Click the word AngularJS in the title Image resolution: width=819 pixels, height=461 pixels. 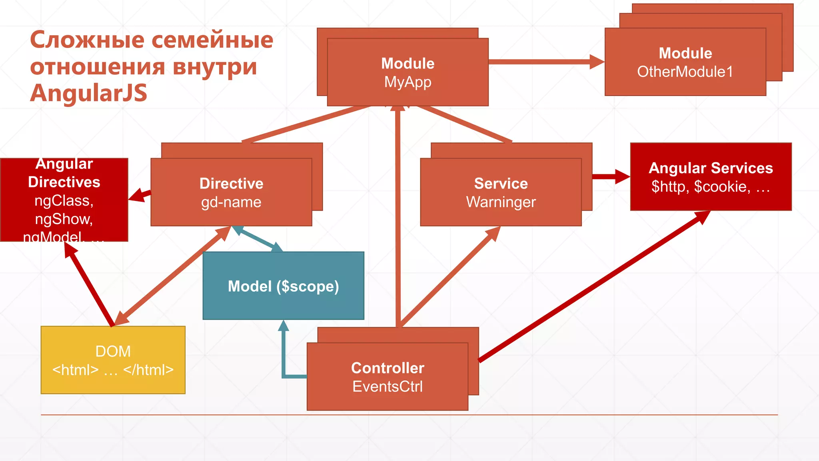pos(89,93)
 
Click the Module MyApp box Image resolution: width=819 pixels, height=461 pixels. pos(408,72)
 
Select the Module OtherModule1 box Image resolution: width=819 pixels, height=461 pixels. pos(685,62)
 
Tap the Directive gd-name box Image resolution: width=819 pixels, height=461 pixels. pos(231,192)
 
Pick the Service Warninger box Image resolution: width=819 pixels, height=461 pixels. pos(501,192)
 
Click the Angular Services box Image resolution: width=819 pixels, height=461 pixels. pos(711,176)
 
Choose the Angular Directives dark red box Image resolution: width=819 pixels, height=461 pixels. pos(64,200)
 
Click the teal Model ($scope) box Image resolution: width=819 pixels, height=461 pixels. pos(283,286)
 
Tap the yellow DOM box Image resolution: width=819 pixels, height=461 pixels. pos(113,360)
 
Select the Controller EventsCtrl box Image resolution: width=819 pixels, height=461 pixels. pos(387,377)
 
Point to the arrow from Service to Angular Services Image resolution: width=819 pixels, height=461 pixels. pos(610,176)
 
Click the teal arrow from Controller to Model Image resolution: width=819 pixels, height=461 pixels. pos(284,360)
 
